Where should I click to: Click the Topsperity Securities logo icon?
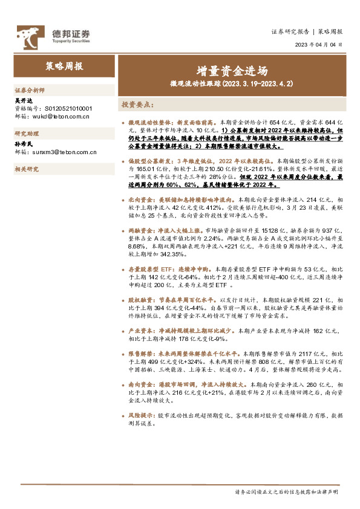click(28, 34)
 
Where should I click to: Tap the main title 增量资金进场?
click(232, 70)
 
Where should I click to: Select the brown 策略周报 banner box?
click(65, 66)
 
